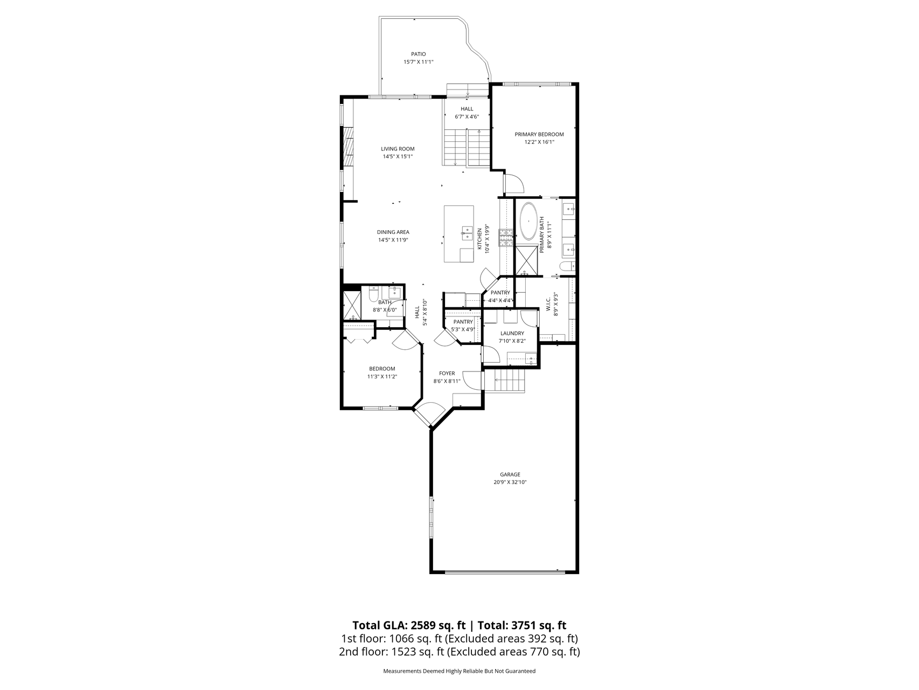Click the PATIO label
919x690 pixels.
[418, 54]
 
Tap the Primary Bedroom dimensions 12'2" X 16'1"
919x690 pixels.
[539, 142]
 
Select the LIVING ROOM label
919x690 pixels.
[398, 149]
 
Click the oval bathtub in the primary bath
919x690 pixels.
[528, 221]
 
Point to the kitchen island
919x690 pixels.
[459, 233]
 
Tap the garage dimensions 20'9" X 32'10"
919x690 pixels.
[509, 482]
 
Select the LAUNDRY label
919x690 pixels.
[512, 333]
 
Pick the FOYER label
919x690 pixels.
[447, 373]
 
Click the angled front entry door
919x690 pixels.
[429, 415]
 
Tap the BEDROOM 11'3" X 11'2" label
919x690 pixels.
[382, 372]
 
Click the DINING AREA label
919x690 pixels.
[393, 232]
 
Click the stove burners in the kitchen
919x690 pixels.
[506, 238]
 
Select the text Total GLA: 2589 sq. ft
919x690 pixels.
[408, 625]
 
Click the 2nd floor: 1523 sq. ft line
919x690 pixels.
[459, 652]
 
